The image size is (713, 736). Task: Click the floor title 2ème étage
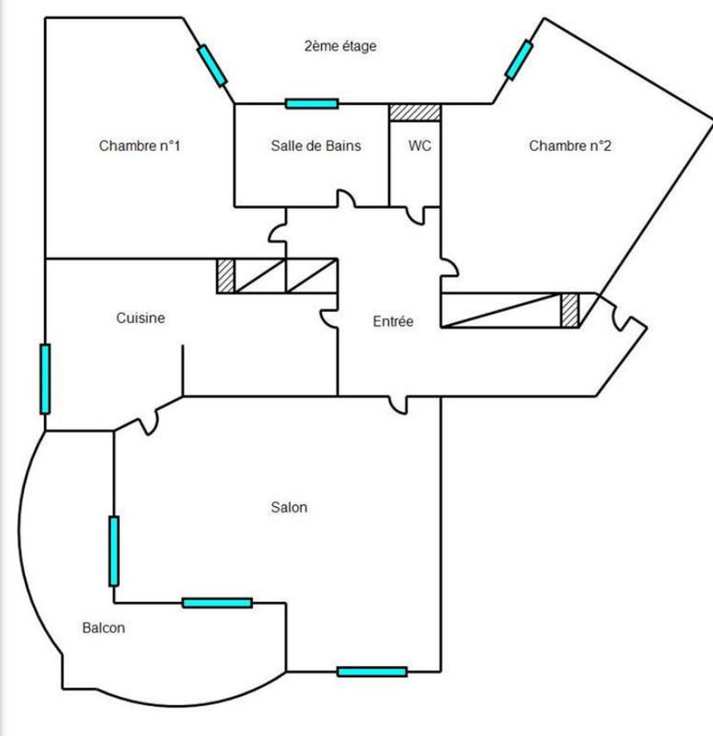(340, 46)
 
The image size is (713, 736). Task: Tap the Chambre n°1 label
(138, 145)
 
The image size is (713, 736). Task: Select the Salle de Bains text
(316, 145)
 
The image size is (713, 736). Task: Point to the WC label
(420, 145)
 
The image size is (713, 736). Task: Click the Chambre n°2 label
(569, 145)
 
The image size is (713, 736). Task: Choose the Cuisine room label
(141, 318)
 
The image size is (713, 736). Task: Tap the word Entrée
(393, 322)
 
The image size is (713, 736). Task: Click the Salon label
(289, 508)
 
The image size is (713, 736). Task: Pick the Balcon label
(103, 629)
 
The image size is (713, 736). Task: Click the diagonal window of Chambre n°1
(212, 65)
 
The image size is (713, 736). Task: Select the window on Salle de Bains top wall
(312, 103)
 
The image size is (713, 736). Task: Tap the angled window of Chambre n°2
(518, 60)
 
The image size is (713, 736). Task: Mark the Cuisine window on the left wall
(44, 378)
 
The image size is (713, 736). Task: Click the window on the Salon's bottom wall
(372, 672)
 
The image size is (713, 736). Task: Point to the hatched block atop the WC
(415, 112)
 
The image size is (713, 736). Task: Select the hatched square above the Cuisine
(225, 276)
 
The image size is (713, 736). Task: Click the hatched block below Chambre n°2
(570, 310)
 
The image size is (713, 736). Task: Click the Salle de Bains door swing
(347, 200)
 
